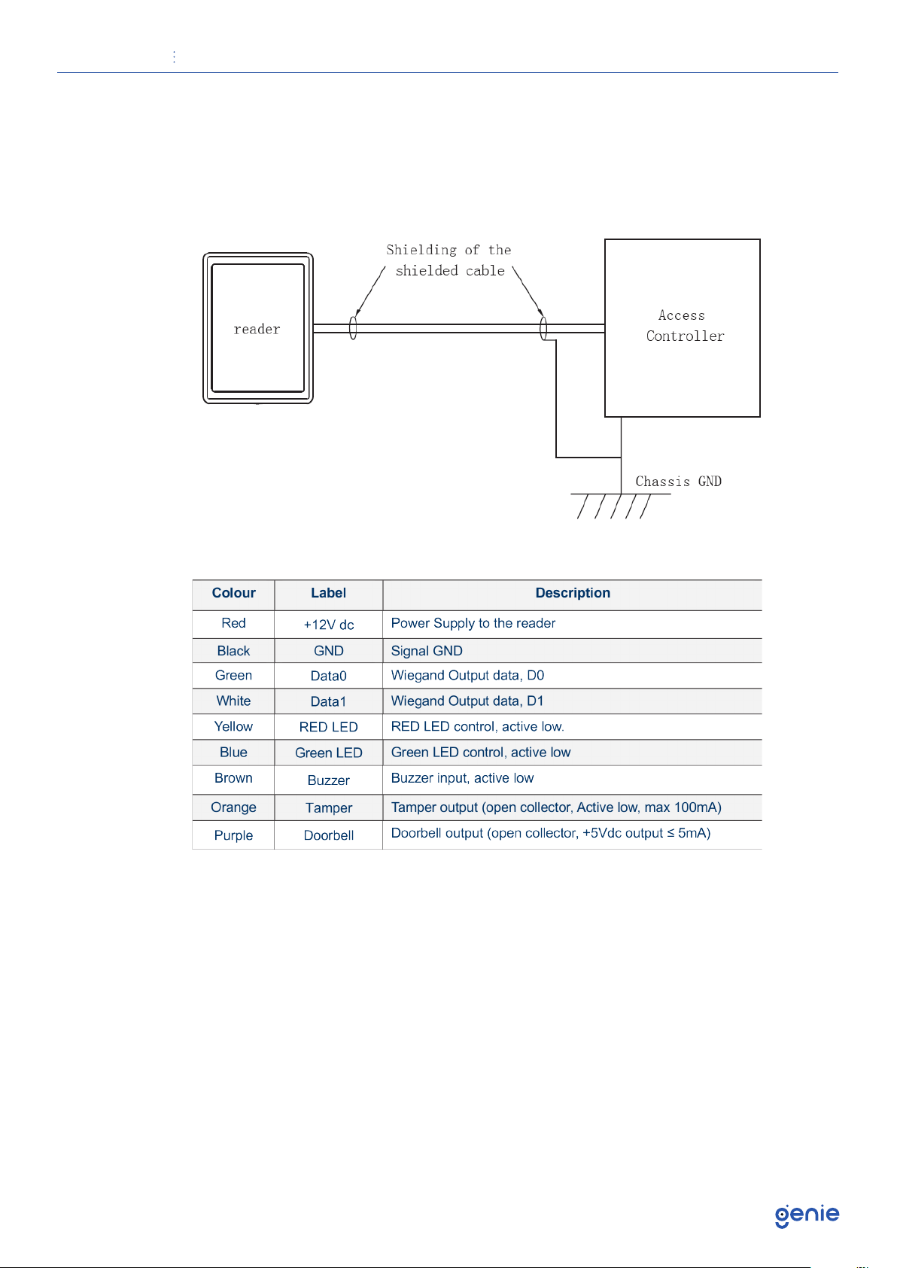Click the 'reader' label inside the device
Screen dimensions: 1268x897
pos(257,330)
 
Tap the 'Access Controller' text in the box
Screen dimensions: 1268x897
pos(683,326)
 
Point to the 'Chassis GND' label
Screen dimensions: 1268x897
pos(678,482)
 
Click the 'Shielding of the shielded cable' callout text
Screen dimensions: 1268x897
pos(449,260)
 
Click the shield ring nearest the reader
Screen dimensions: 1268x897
pos(353,328)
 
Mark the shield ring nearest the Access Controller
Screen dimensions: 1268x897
pos(543,329)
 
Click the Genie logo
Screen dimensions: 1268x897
pos(807,1215)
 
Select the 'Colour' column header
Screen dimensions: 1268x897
pos(233,593)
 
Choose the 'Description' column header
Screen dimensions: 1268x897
pos(573,593)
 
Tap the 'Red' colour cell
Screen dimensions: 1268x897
pos(233,623)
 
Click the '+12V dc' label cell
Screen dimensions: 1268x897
pos(329,625)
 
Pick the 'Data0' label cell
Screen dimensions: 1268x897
pos(329,676)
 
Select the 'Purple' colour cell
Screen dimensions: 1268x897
pos(233,835)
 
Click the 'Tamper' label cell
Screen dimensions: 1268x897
pos(329,807)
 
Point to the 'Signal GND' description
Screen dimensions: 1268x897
pos(427,651)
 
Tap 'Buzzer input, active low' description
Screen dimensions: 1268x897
pos(462,778)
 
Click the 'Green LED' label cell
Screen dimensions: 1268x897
pos(329,753)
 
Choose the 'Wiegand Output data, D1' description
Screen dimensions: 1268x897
pos(467,701)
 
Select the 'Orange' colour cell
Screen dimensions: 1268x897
pos(233,807)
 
